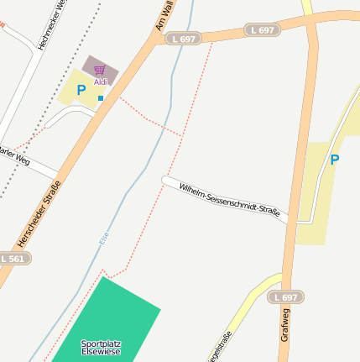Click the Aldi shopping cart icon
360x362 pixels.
coord(101,70)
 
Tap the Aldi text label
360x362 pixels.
coord(101,81)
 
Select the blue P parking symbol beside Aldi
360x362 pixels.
coord(81,90)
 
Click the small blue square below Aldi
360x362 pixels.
coord(101,98)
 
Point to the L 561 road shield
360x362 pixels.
coord(13,259)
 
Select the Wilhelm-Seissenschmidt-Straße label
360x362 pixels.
coord(229,198)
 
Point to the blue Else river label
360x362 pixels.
coord(104,243)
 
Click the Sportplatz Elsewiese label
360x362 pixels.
coord(101,348)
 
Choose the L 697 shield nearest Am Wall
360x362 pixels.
coord(184,39)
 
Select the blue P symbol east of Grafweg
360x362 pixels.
coord(335,160)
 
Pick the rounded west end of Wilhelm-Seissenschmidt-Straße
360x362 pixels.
coord(166,179)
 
